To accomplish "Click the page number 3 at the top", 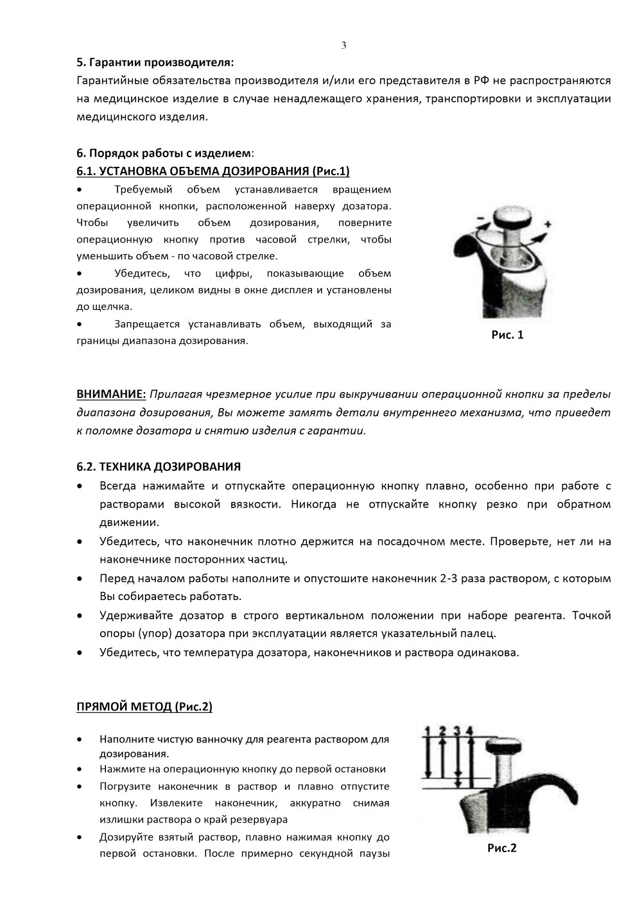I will point(343,45).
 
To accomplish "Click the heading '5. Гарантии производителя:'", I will point(155,63).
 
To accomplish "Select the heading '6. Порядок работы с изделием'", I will point(164,153).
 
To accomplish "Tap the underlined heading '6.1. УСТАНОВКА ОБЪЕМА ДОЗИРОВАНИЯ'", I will point(213,171).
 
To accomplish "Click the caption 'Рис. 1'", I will point(508,334).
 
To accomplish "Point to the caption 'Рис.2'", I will point(502,848).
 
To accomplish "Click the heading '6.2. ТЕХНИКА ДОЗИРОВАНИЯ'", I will point(159,466).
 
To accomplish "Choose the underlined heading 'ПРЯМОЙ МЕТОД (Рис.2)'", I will point(144,707).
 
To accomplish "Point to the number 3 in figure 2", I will point(456,730).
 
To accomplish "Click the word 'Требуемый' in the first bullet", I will point(139,189).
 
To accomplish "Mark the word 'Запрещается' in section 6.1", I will point(146,324).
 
